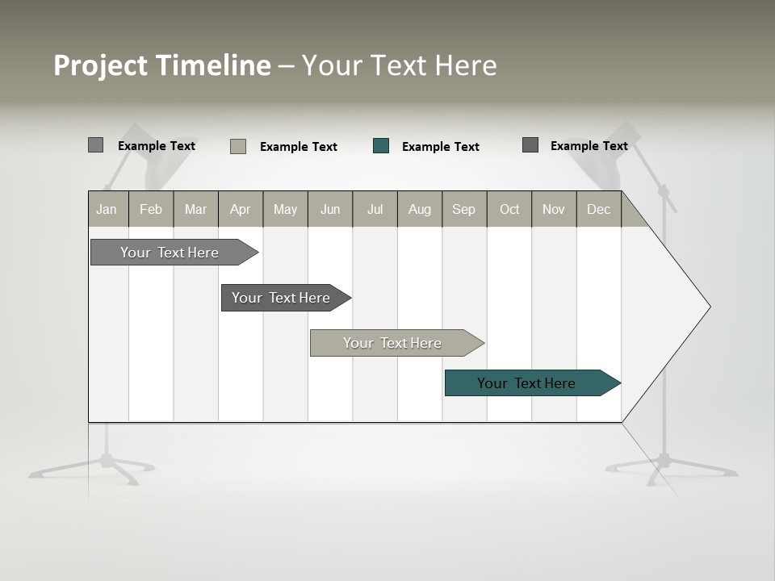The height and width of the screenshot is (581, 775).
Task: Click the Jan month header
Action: click(x=107, y=209)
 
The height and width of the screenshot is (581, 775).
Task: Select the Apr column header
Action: click(x=240, y=209)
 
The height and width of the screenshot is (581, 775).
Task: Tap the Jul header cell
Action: click(x=375, y=209)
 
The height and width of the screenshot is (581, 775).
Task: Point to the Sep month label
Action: click(x=463, y=209)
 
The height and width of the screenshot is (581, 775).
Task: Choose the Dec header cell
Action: click(x=598, y=209)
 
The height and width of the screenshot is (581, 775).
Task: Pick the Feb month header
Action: click(x=151, y=209)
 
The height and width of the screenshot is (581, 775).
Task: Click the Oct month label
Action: click(x=509, y=209)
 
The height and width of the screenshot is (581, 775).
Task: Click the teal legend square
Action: click(x=381, y=146)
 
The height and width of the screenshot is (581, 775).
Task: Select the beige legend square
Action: click(x=238, y=146)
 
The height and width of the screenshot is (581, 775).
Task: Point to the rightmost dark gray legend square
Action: click(x=530, y=145)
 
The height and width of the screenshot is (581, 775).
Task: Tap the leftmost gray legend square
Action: click(x=96, y=145)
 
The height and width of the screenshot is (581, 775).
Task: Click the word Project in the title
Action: click(x=101, y=65)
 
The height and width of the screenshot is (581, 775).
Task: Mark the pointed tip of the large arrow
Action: click(x=708, y=307)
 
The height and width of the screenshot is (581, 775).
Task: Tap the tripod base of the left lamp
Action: click(x=105, y=463)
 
